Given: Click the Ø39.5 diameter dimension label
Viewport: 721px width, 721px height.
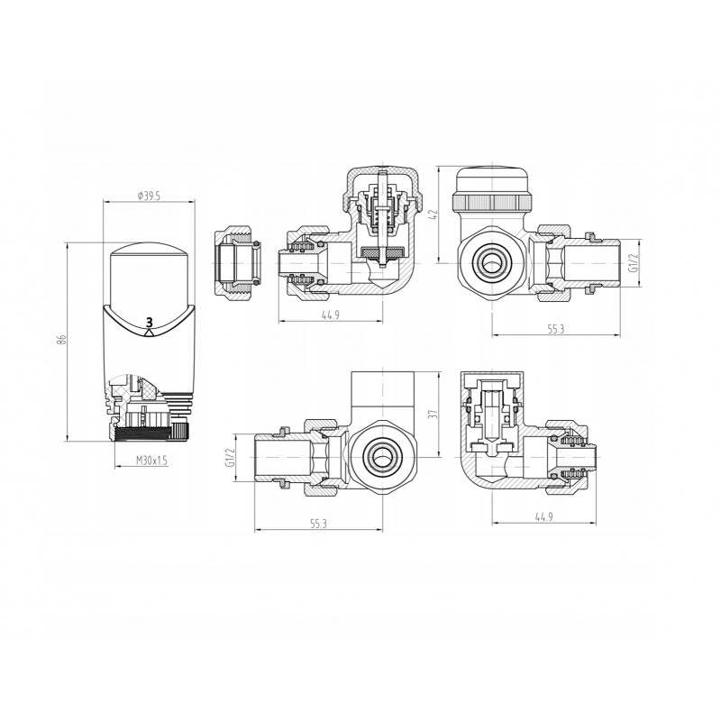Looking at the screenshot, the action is [x=149, y=196].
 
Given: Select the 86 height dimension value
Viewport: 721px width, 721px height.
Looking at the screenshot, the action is [x=63, y=340].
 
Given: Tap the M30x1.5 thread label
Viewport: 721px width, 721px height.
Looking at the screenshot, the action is [x=151, y=461].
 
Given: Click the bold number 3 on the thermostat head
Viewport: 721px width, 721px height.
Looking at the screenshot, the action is [x=149, y=322].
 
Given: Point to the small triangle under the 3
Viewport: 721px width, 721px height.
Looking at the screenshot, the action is [x=149, y=333].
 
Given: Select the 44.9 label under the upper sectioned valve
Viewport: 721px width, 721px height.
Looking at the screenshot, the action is [x=331, y=315].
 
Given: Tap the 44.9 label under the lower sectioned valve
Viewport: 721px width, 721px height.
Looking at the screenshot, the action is [x=544, y=516].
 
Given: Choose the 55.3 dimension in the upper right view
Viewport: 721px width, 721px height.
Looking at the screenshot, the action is [x=555, y=329].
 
